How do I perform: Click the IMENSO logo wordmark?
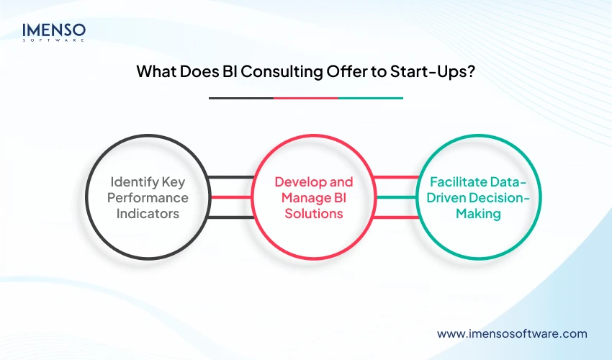coord(54,30)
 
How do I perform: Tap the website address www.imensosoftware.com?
coord(512,333)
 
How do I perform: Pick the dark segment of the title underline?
coord(240,98)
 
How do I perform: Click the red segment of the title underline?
coord(305,98)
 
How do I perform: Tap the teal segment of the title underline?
coord(370,98)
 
